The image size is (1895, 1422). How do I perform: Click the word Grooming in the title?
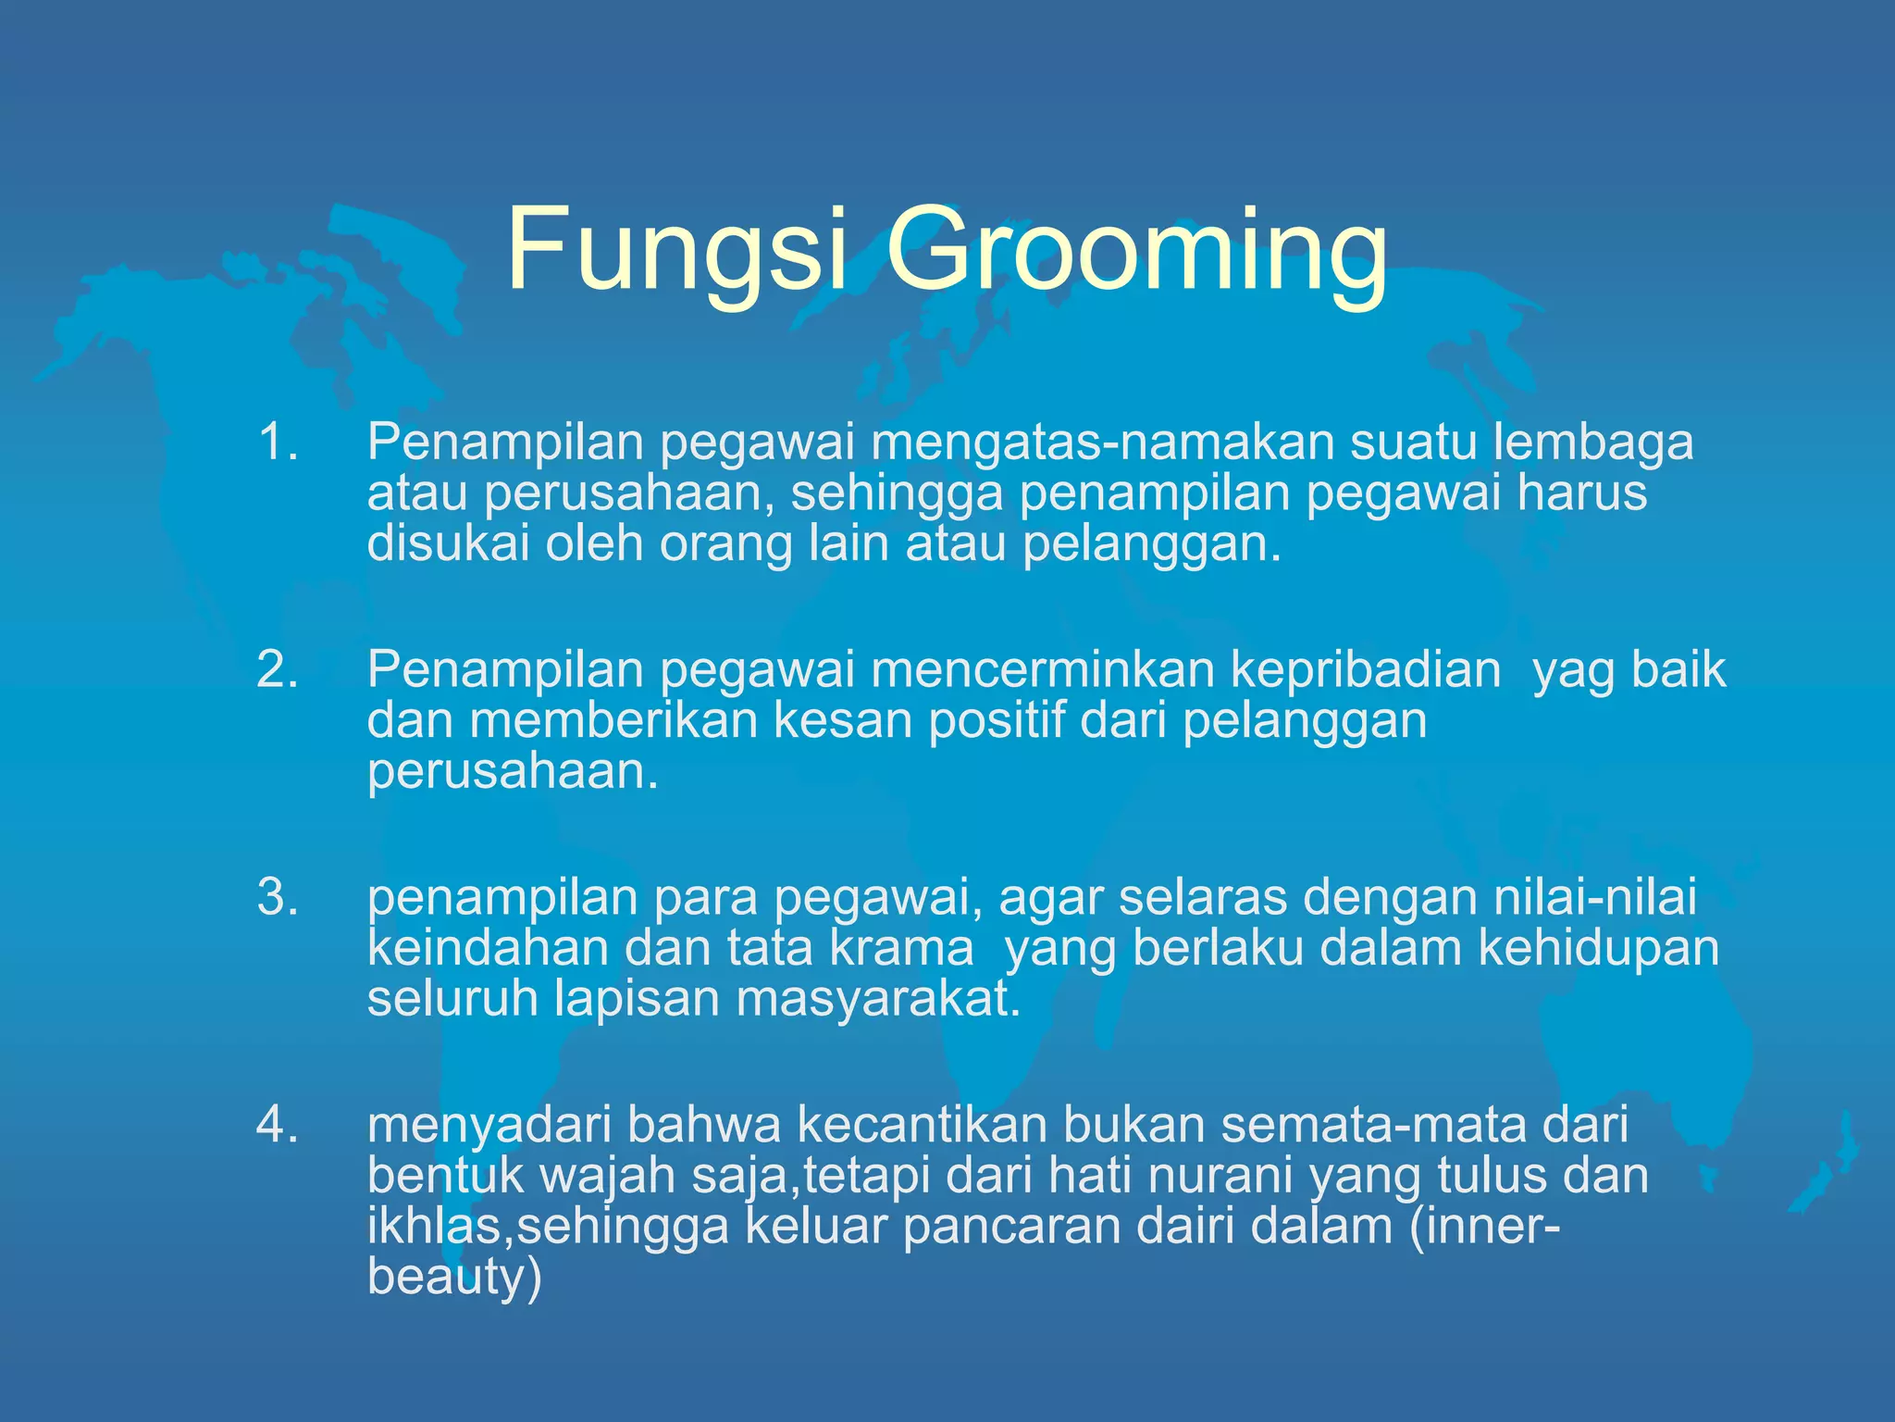tap(1136, 255)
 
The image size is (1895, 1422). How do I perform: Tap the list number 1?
tap(277, 442)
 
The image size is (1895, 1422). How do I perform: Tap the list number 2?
tap(277, 668)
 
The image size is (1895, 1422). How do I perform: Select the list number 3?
tap(277, 897)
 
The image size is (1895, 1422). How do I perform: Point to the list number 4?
tap(277, 1125)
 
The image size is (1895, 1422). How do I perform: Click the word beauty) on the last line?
tap(453, 1278)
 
